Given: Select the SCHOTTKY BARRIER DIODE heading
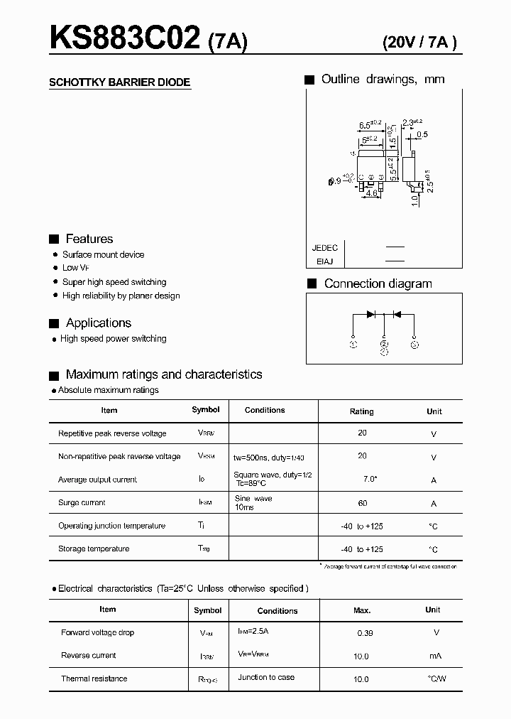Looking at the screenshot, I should tap(119, 82).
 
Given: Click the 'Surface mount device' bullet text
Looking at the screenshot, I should tap(103, 254).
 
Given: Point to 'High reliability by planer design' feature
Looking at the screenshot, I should tap(121, 296).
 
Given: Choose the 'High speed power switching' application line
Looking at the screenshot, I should tap(114, 339).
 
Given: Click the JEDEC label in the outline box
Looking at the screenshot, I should tap(324, 248).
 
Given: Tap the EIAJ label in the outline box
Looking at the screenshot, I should tap(325, 261).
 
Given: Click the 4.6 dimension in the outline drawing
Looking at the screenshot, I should tap(370, 193).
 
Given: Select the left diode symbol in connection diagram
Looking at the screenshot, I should tap(370, 313).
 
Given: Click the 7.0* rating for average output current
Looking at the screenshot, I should tap(370, 479).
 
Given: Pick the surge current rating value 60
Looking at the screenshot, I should tap(363, 502).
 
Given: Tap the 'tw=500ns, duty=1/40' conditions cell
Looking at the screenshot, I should tap(274, 456).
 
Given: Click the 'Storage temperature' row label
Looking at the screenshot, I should tap(94, 548).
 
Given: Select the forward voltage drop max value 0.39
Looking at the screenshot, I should tap(364, 632).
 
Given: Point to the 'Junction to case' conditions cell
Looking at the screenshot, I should tap(266, 677).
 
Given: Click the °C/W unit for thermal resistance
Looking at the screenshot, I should tap(437, 679).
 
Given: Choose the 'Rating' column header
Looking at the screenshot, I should tap(361, 411).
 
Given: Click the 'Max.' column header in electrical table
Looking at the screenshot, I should tap(362, 610).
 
